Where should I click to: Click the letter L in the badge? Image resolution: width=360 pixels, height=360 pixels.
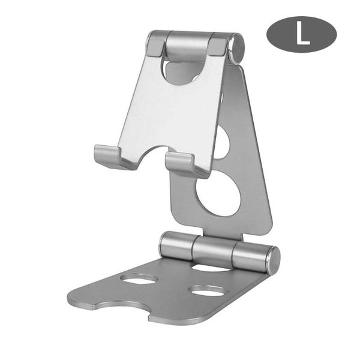302,34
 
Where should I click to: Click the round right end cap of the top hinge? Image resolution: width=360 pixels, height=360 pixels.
236,49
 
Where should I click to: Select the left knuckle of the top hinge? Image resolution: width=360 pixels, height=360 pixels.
156,44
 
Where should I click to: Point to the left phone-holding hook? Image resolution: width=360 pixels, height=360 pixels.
112,157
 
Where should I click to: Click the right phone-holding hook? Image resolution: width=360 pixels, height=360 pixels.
185,164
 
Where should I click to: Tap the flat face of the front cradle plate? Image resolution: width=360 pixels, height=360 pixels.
168,114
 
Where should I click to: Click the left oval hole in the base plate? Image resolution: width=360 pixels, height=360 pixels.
139,278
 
